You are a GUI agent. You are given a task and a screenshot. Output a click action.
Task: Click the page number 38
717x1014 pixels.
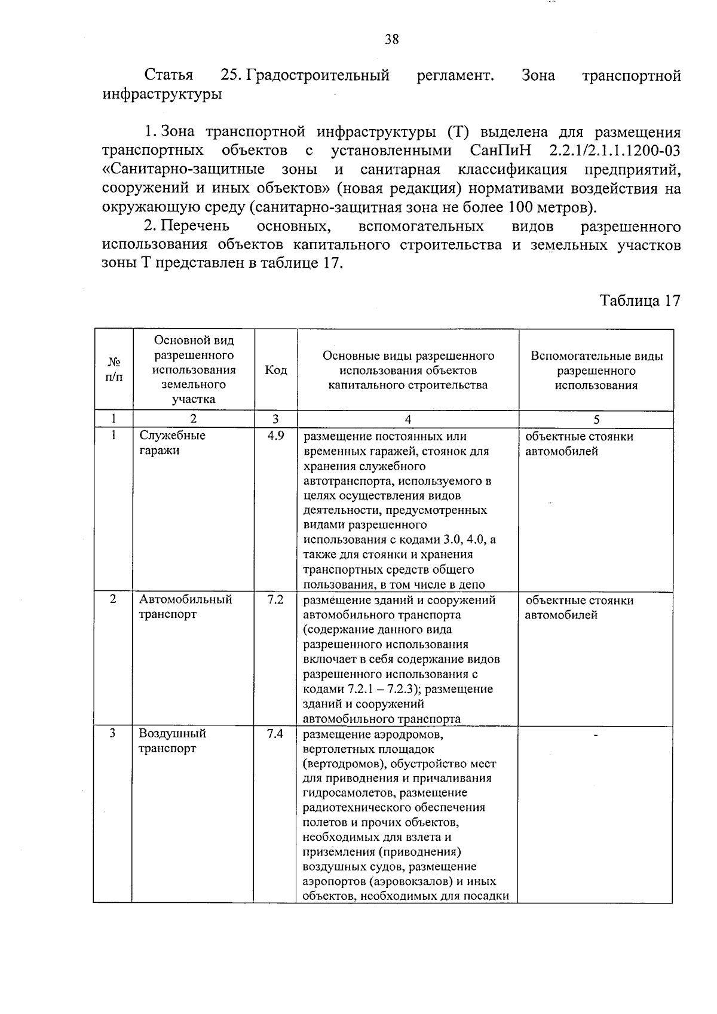click(391, 40)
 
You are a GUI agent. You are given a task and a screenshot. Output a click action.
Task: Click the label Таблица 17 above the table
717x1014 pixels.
click(640, 301)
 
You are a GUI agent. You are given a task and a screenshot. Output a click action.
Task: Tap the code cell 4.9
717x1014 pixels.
click(275, 436)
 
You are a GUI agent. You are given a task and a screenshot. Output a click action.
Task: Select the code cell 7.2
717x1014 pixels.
click(275, 599)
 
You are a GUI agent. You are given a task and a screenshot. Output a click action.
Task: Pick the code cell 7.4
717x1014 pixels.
click(275, 733)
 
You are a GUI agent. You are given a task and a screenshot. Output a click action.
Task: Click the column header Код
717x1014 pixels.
click(275, 370)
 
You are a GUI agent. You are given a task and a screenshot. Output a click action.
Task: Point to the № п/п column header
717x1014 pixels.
click(114, 370)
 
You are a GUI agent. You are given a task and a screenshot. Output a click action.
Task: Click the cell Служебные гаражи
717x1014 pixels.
click(172, 443)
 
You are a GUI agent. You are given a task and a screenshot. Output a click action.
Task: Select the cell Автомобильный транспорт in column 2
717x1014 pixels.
click(185, 606)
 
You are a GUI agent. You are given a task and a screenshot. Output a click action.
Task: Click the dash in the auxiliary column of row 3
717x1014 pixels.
click(596, 735)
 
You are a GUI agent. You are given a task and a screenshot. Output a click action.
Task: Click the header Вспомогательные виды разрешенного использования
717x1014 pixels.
click(596, 370)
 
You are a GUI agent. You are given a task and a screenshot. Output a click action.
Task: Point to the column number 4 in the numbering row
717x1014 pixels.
click(407, 419)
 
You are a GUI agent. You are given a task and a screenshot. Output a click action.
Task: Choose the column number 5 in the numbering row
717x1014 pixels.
click(596, 419)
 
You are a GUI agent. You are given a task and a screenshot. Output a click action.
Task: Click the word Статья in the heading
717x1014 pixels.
click(169, 76)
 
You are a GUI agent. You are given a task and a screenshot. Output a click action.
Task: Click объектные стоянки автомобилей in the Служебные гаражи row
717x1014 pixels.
click(578, 443)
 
